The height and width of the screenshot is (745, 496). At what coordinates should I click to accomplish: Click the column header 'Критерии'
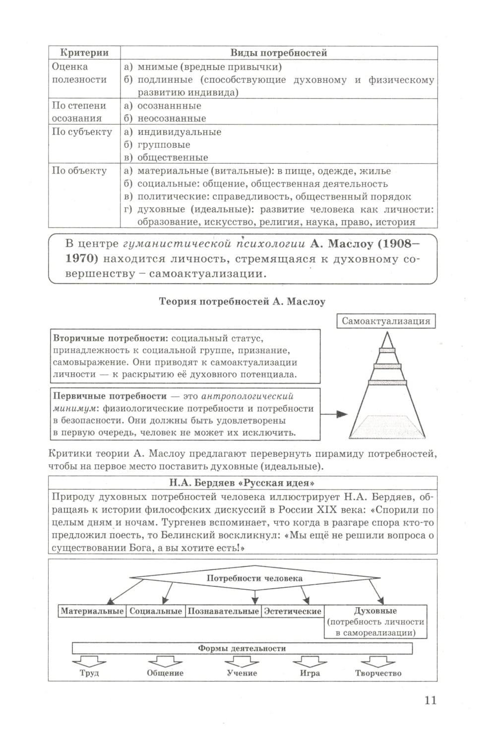(x=84, y=53)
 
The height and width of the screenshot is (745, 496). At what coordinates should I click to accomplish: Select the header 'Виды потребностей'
(x=279, y=53)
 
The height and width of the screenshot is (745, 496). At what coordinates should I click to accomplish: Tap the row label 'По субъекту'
(x=82, y=132)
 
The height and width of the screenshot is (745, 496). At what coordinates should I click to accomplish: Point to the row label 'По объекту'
(x=79, y=171)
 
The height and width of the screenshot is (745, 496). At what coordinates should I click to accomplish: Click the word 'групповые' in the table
(x=164, y=145)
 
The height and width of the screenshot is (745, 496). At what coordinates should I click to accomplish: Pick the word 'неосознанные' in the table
(x=172, y=119)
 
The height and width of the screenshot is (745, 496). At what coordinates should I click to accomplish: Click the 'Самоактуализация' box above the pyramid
(x=386, y=321)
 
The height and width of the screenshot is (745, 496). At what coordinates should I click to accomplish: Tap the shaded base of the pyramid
(x=387, y=427)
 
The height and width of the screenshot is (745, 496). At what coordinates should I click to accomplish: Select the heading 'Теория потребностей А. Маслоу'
(x=242, y=302)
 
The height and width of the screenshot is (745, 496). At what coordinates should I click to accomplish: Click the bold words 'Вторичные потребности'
(x=109, y=338)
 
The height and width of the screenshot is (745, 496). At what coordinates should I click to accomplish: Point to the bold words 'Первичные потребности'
(x=110, y=396)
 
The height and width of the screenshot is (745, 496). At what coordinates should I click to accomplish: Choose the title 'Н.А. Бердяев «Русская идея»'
(x=243, y=483)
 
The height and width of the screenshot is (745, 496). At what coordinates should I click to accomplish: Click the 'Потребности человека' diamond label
(x=254, y=578)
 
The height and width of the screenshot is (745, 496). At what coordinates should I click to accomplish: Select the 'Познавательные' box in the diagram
(x=223, y=611)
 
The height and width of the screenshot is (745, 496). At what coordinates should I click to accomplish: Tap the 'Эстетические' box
(x=293, y=611)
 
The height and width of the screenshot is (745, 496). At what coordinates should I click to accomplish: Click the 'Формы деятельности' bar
(x=242, y=648)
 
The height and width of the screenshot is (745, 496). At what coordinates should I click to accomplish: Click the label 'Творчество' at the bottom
(x=378, y=673)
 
